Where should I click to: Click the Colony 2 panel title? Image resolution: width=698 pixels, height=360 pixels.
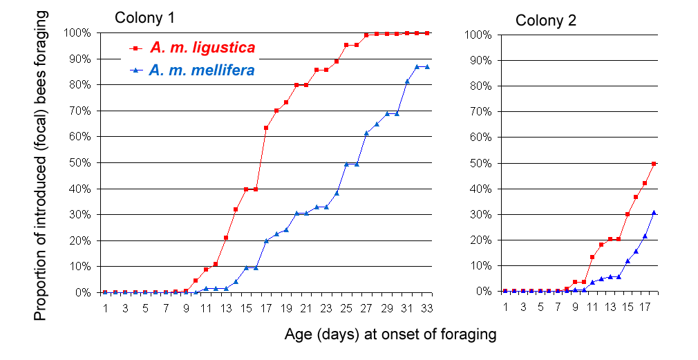[x=546, y=20]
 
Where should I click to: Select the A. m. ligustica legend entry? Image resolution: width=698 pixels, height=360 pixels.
[x=202, y=48]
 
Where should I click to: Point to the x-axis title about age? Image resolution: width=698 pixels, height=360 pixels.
[x=390, y=335]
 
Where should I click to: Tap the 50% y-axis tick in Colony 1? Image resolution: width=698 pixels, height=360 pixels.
[x=78, y=162]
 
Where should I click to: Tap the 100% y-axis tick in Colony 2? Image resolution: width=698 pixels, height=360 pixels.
[x=478, y=34]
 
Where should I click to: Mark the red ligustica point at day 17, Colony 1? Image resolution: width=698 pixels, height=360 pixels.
[x=266, y=128]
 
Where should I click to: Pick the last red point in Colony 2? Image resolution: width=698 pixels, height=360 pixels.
[x=653, y=163]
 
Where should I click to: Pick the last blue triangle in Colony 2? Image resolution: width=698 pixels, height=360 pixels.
[x=653, y=212]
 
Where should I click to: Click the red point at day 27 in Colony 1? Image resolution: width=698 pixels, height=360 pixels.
[x=366, y=35]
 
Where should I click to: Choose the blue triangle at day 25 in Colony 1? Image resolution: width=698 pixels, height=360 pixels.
[x=346, y=164]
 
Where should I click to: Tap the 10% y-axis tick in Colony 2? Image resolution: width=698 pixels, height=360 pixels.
[x=480, y=265]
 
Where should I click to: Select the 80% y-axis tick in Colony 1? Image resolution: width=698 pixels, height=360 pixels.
[x=78, y=85]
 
